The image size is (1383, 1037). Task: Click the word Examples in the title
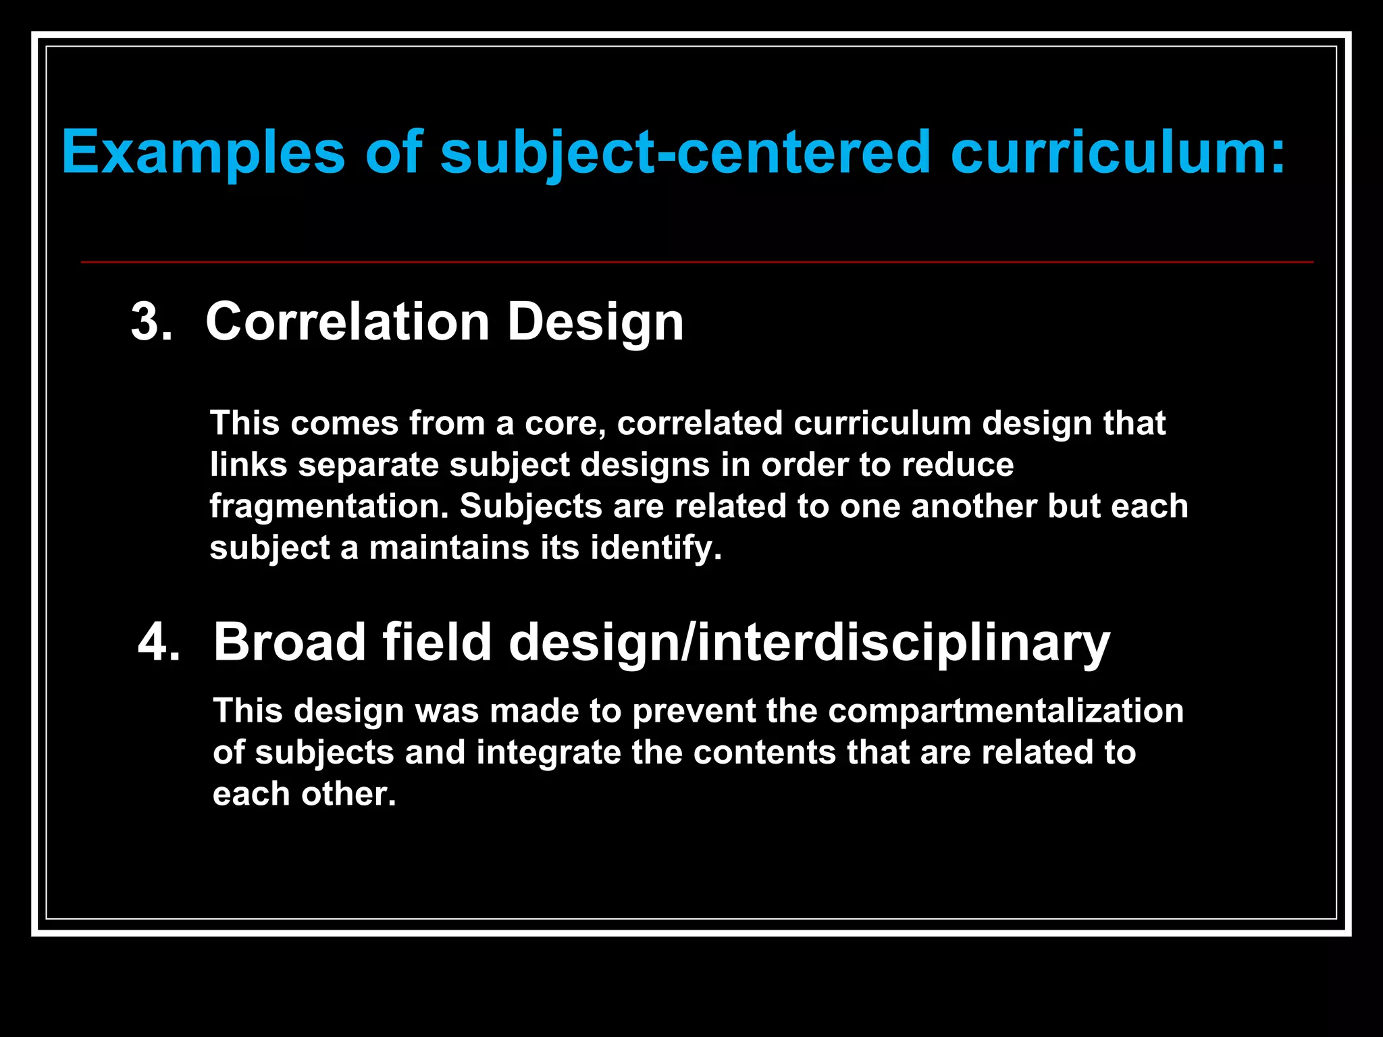(203, 153)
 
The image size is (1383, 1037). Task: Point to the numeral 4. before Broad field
(159, 641)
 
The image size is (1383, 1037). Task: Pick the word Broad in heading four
(289, 641)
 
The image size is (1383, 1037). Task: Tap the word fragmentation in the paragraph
(329, 506)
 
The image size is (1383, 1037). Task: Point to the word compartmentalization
(1006, 711)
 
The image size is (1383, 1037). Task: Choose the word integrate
(548, 753)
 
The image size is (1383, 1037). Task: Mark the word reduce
(958, 465)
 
